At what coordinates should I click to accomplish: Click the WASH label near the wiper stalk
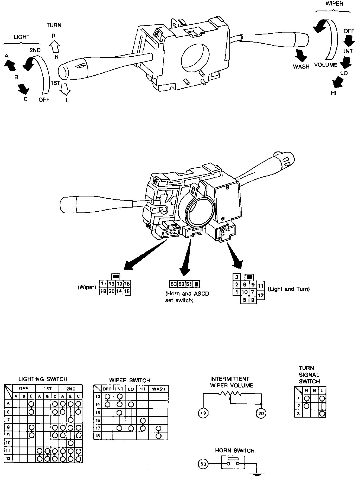301,66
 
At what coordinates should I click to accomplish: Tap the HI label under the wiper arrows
333,93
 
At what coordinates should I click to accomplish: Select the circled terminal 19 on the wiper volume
203,413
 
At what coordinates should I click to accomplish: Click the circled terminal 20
261,413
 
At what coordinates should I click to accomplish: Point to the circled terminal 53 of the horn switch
203,464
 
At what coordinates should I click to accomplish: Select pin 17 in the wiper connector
103,284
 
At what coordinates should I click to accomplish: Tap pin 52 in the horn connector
181,284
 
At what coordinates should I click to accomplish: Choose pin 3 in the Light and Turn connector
237,277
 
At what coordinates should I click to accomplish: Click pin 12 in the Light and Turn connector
261,295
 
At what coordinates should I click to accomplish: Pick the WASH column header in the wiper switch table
159,389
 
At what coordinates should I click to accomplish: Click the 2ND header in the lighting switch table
71,389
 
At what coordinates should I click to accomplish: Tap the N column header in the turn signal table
314,391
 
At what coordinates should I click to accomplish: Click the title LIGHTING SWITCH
43,379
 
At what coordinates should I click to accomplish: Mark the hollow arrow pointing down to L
65,89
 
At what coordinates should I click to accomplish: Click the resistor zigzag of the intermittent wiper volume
230,394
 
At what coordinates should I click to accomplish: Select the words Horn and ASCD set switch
187,297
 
